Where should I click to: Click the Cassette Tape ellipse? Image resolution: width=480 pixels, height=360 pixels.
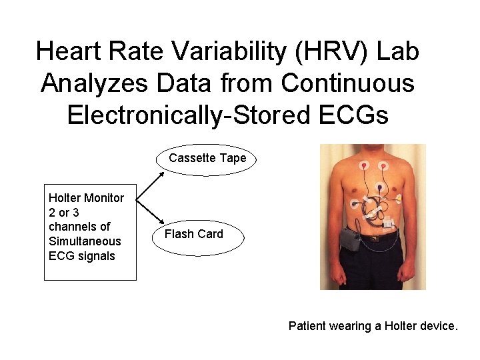click(207, 159)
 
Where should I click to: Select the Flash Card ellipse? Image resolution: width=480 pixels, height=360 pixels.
click(194, 234)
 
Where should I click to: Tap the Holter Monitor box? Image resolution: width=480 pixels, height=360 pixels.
click(90, 231)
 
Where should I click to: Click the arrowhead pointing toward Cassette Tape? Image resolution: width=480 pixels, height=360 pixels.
click(163, 175)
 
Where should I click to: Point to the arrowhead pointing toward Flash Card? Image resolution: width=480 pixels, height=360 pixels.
click(163, 222)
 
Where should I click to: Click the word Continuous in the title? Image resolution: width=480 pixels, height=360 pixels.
click(348, 83)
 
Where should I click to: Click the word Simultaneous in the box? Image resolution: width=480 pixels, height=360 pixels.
click(85, 241)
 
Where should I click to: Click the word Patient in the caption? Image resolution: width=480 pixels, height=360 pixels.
click(308, 326)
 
